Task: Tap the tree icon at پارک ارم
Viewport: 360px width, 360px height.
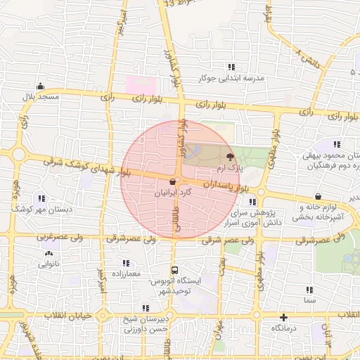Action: click(230, 157)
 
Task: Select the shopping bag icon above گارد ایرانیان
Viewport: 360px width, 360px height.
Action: click(172, 181)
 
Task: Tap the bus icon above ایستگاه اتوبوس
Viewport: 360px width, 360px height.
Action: click(174, 269)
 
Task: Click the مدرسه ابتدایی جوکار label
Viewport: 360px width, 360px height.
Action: click(231, 78)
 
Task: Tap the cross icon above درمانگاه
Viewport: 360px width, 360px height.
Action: click(283, 317)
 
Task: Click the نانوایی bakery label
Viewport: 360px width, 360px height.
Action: click(49, 264)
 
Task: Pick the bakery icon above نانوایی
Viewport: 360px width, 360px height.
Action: click(49, 253)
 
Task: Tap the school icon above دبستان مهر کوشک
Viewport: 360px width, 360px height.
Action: click(41, 198)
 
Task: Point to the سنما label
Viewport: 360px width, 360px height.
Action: click(309, 300)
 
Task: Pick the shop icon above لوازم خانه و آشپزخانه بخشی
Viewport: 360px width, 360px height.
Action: click(319, 197)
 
